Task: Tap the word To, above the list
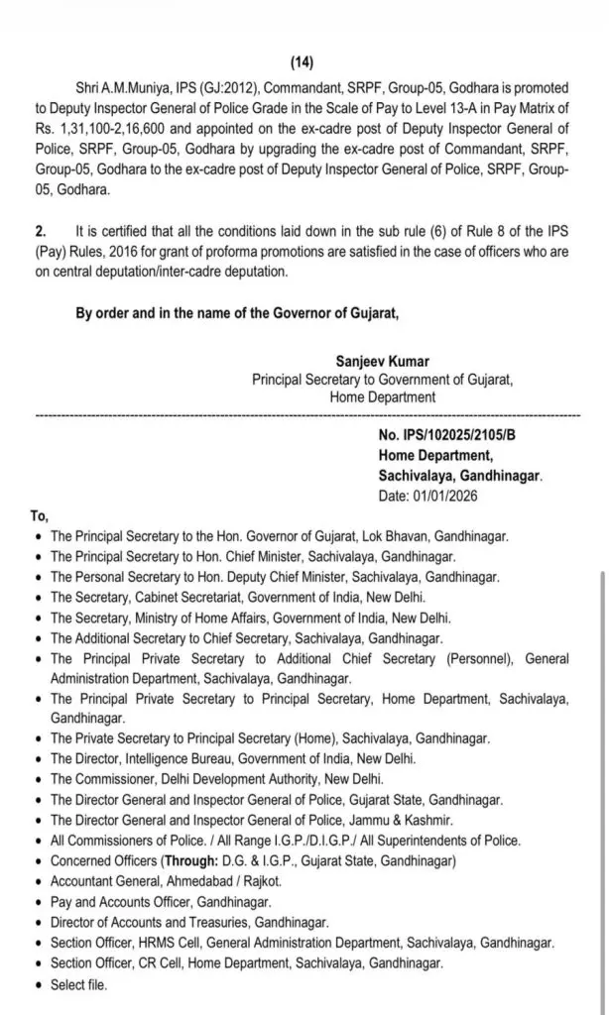pos(40,515)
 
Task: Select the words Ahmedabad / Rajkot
pos(228,881)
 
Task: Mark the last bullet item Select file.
pos(78,984)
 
